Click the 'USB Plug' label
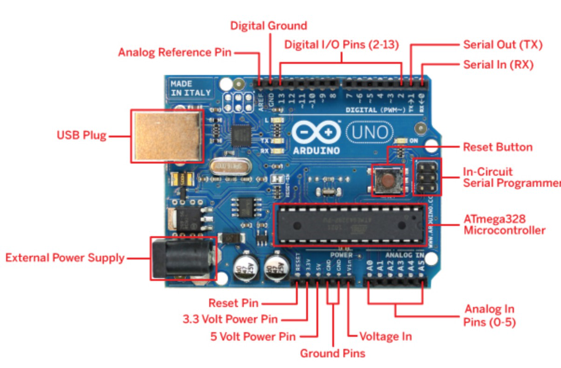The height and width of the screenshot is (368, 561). (81, 136)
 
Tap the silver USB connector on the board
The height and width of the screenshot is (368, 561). (167, 136)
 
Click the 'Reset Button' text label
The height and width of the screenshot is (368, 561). (497, 147)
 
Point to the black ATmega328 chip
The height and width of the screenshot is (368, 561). (349, 225)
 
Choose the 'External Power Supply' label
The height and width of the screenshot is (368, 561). (65, 258)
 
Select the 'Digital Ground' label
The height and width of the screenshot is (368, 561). (268, 25)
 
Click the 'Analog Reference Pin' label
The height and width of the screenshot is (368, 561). (174, 52)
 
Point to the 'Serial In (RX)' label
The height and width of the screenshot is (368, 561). (498, 64)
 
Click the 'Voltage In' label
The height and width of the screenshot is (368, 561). (385, 336)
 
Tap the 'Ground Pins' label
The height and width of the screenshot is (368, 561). (332, 353)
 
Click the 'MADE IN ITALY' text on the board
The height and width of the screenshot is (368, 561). (190, 88)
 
